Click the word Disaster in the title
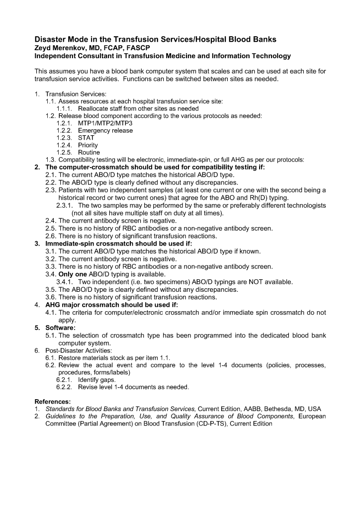(x=52, y=39)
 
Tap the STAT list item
(x=86, y=138)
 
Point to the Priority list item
(x=88, y=145)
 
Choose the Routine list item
(x=89, y=152)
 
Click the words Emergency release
(x=105, y=131)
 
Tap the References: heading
(x=52, y=401)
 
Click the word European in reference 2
(x=309, y=416)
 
